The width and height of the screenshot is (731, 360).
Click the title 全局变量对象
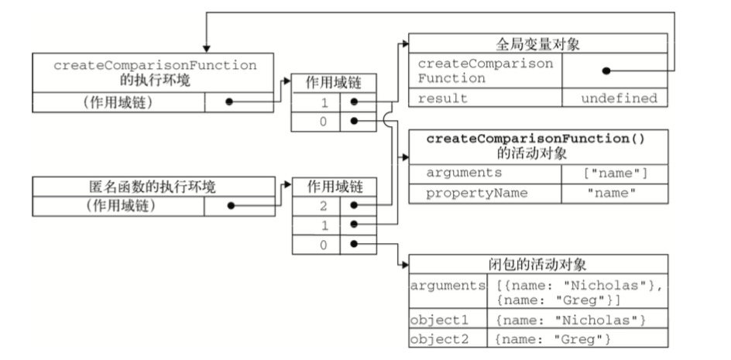click(x=537, y=43)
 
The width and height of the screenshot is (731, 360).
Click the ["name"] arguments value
click(x=615, y=173)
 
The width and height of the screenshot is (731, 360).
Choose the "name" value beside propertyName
click(x=615, y=193)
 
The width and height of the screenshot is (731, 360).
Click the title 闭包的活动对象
click(x=537, y=263)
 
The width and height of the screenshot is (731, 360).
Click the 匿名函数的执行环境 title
click(x=153, y=186)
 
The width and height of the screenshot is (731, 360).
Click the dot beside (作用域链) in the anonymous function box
click(x=230, y=206)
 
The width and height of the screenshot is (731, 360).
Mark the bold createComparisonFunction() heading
click(x=537, y=139)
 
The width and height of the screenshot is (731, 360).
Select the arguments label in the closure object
click(x=448, y=286)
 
